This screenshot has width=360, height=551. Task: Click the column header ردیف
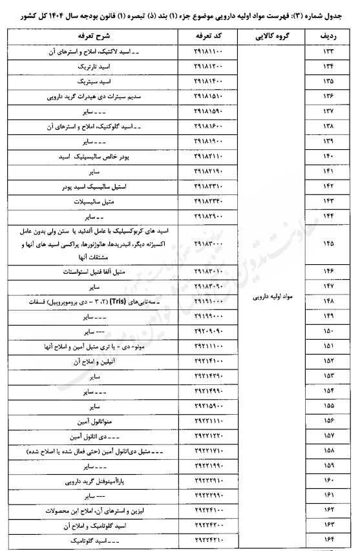click(328, 37)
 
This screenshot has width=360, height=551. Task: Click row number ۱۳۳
click(328, 50)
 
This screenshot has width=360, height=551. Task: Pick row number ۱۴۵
click(328, 244)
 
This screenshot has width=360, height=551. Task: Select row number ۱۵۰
click(328, 332)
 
